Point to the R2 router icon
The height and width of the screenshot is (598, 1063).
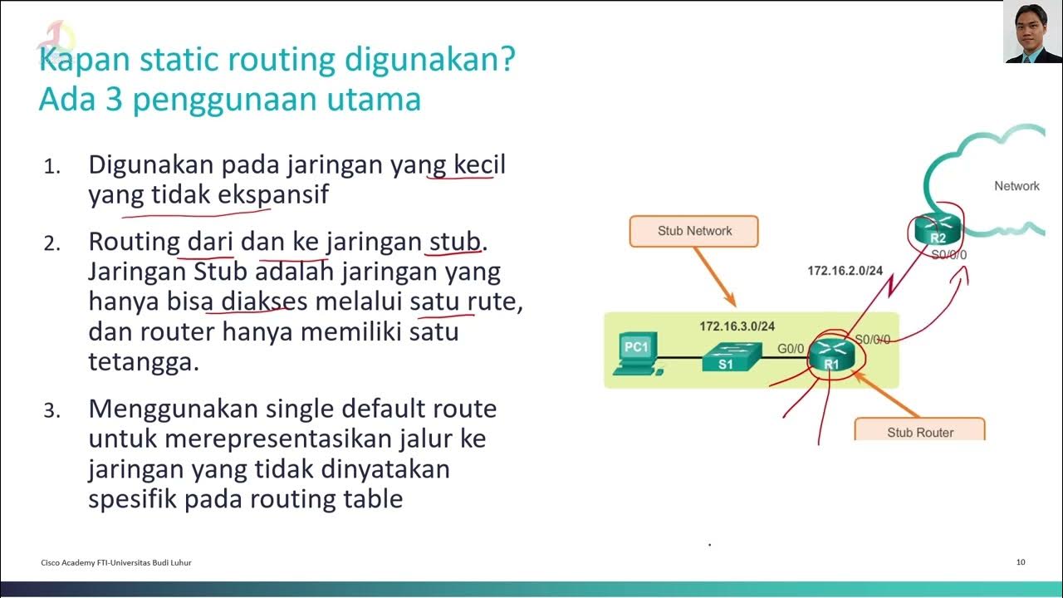[937, 229]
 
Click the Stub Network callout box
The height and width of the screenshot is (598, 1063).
[694, 231]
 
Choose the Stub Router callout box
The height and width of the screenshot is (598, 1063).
[919, 431]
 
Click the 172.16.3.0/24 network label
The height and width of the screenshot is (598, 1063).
[737, 326]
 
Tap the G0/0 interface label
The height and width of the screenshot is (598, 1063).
[791, 348]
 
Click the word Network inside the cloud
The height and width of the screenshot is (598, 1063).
[1016, 186]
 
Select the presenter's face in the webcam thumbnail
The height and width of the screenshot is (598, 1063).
[1032, 28]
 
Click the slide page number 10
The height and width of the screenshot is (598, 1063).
[1021, 562]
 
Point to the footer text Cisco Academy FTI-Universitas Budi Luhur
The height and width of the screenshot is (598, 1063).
[116, 562]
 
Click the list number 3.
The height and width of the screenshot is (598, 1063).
[51, 410]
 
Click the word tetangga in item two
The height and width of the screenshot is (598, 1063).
[143, 362]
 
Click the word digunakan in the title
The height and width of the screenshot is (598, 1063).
[425, 60]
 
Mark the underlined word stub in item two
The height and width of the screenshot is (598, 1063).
[454, 242]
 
